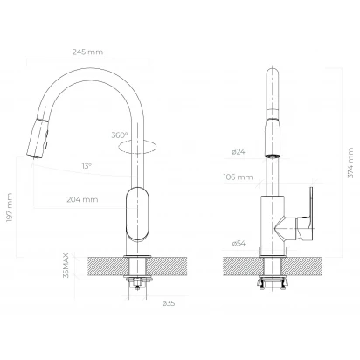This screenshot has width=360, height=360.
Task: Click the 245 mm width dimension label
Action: click(x=87, y=52)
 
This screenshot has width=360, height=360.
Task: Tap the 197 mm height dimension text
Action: click(x=10, y=207)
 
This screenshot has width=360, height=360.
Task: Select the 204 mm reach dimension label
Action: click(x=82, y=199)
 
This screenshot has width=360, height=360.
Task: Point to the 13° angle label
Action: click(x=87, y=166)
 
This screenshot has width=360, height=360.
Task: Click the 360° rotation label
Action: click(x=120, y=135)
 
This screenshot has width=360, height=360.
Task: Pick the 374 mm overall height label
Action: click(x=350, y=163)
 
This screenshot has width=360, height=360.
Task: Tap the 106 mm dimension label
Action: click(x=238, y=177)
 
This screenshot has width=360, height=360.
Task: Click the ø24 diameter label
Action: click(x=239, y=151)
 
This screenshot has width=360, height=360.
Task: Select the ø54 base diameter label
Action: click(x=239, y=243)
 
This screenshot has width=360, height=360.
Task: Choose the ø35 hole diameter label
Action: click(x=169, y=303)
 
